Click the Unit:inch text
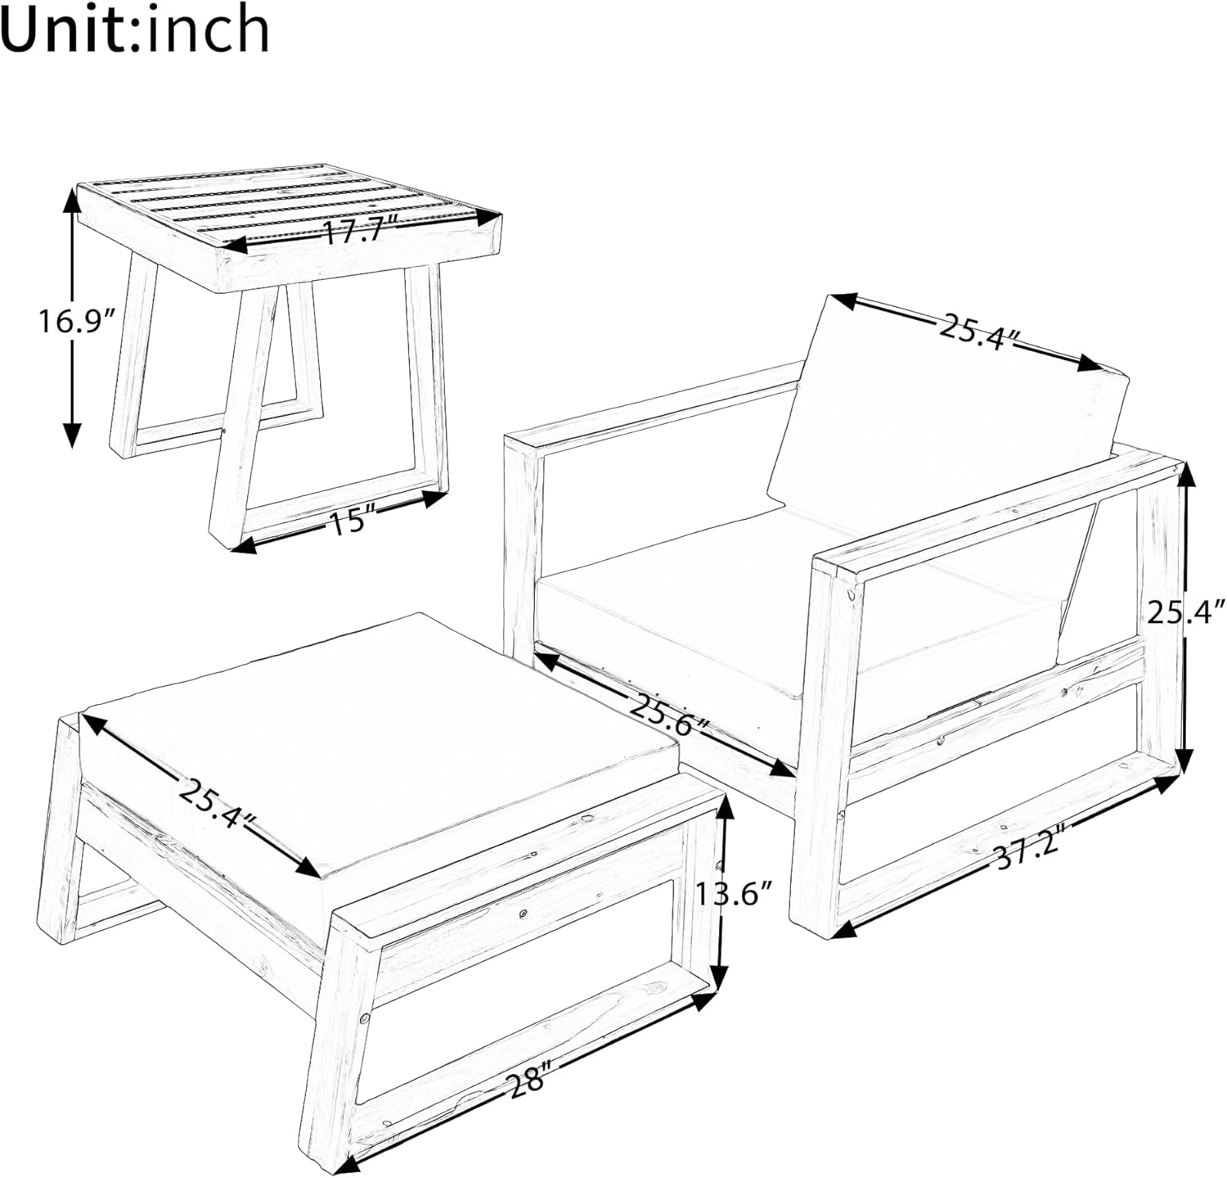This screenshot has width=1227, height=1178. click(135, 31)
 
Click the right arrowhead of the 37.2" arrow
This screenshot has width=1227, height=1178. click(1170, 782)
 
